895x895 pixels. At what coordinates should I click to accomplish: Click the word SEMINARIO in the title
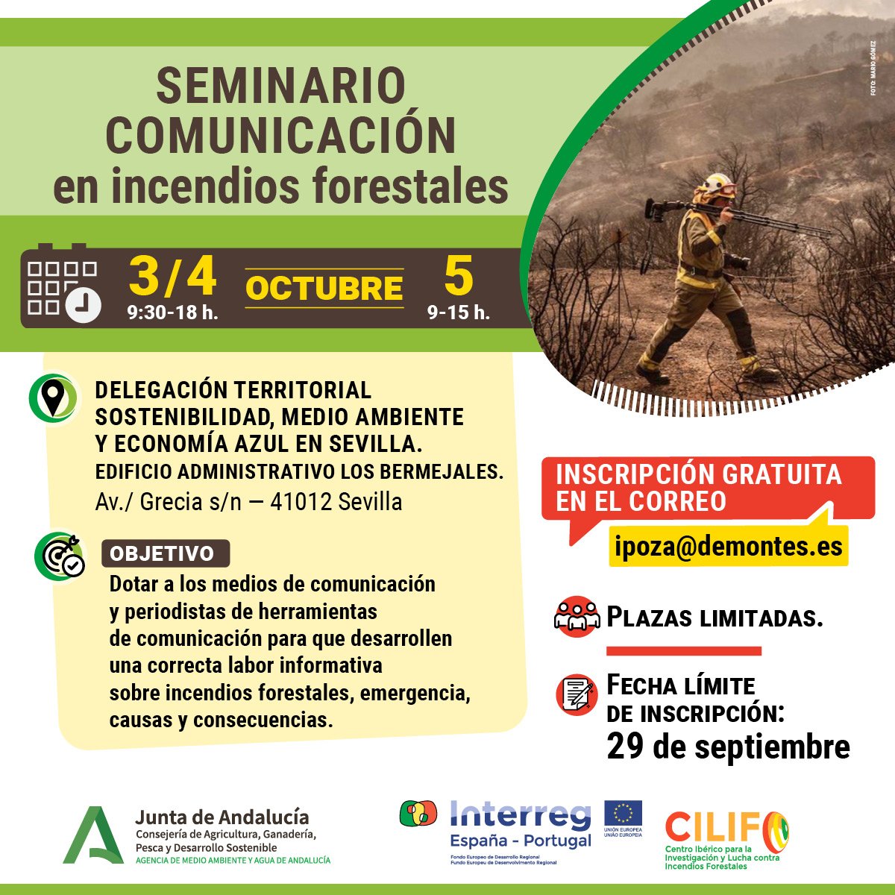pos(280,86)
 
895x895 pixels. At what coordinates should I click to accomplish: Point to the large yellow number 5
pos(458,276)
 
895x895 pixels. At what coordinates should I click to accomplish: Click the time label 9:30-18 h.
pos(172,313)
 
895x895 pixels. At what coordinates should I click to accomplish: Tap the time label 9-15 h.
pos(458,313)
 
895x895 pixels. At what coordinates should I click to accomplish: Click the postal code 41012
pos(301,502)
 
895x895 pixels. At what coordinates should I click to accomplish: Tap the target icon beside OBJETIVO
pos(60,556)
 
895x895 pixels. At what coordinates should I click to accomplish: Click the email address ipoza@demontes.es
pos(728,546)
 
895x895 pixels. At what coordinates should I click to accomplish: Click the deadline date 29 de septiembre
pos(728,747)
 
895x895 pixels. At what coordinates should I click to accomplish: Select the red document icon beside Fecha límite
pos(577,694)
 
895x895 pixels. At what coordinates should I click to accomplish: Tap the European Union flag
pos(623,813)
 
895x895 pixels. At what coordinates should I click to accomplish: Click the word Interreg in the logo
pos(520,815)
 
